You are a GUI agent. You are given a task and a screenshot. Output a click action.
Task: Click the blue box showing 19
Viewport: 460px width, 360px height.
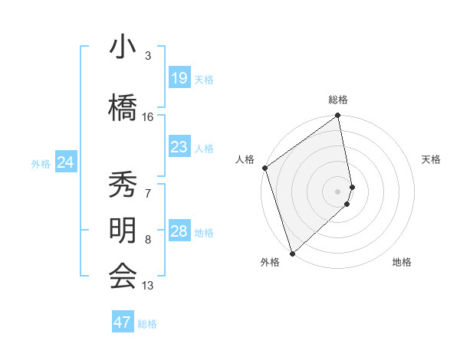(179, 78)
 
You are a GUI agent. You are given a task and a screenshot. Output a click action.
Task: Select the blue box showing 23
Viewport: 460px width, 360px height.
(179, 147)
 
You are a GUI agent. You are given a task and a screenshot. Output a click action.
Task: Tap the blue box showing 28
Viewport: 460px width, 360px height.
(179, 231)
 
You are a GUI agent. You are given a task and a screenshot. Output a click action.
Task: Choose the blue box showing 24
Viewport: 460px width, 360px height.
(65, 162)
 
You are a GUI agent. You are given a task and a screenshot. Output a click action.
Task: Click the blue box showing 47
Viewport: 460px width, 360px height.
(123, 322)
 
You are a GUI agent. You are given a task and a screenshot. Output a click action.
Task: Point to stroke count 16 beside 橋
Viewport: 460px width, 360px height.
(148, 117)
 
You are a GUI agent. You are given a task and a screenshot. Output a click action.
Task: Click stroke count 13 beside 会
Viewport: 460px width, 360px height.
(148, 286)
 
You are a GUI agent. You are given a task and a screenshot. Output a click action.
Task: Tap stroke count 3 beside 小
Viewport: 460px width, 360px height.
(148, 56)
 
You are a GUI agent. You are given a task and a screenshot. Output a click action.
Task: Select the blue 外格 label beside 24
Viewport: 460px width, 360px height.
(41, 163)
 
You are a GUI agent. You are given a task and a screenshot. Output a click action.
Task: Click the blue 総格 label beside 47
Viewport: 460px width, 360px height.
(147, 324)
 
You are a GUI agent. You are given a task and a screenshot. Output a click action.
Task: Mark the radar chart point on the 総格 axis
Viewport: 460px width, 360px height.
(338, 116)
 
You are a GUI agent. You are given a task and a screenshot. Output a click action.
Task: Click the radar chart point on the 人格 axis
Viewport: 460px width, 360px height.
(264, 168)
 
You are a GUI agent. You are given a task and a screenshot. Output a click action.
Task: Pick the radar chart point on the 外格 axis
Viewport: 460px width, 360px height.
(291, 253)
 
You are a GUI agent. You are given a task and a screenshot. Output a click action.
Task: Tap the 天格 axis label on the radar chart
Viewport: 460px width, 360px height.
(432, 159)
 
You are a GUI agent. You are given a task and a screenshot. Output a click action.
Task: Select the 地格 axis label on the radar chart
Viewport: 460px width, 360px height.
(402, 262)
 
